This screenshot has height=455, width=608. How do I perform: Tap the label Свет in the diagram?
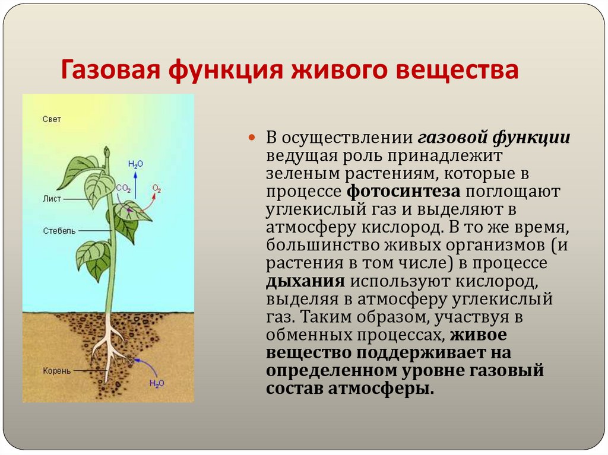[52, 119]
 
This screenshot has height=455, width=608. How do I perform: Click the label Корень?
[56, 371]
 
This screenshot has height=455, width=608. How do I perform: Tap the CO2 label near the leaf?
[123, 188]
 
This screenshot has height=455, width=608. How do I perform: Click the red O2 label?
[157, 189]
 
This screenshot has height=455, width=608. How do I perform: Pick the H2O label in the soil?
[157, 383]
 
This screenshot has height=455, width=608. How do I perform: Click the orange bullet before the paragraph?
[251, 138]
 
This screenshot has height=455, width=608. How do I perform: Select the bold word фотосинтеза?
[404, 192]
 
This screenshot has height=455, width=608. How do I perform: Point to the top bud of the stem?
[107, 152]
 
